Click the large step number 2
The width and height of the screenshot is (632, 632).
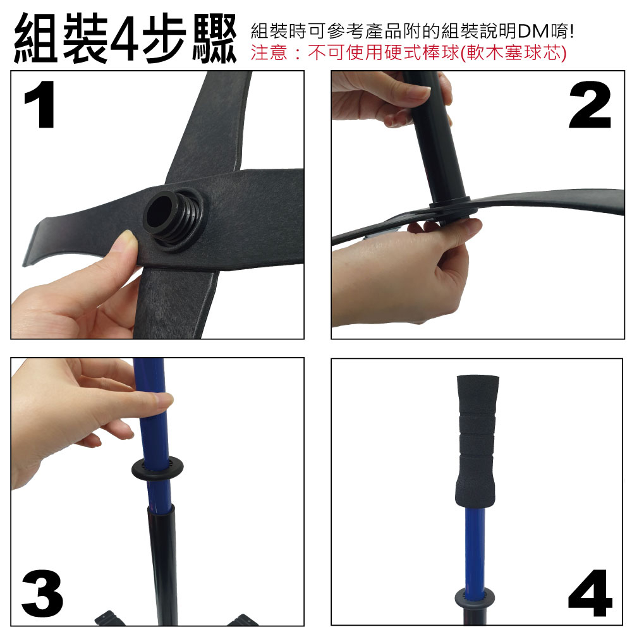point(590,104)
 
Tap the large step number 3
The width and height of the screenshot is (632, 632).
point(42,593)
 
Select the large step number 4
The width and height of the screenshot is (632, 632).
point(590,593)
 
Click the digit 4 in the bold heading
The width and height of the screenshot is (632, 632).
point(125,39)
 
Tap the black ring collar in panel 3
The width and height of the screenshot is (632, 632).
point(157,468)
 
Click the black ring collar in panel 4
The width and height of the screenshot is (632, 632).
point(475,597)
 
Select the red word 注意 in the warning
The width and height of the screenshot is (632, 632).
point(269,53)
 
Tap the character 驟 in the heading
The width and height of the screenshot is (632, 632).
point(214,39)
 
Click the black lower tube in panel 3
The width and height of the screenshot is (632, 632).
point(162,564)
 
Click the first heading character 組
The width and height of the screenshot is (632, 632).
point(35,39)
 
